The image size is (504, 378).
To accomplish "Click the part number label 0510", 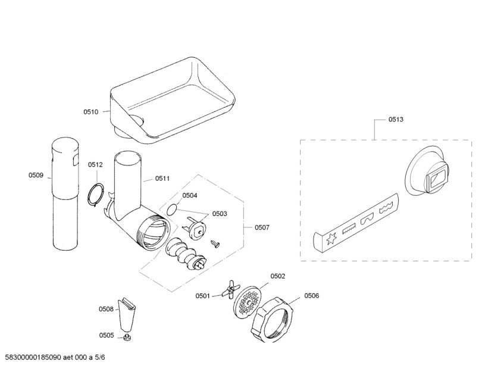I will click(x=91, y=111).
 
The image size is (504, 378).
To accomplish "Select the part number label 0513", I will click(x=396, y=120).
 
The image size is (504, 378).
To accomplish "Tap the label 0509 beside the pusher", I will click(x=36, y=175).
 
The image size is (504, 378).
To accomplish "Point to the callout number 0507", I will click(x=262, y=227).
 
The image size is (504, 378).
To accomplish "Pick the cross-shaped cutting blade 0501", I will click(x=226, y=290).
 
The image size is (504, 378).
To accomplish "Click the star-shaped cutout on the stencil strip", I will click(x=330, y=240).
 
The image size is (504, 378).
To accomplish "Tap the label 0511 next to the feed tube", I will click(x=162, y=178).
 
